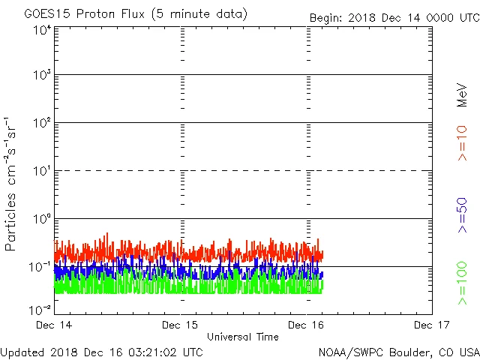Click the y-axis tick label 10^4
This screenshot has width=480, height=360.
[41, 31]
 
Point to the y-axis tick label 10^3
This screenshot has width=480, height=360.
[41, 76]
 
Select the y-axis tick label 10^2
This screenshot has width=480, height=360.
[41, 124]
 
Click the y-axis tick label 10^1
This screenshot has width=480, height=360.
[41, 172]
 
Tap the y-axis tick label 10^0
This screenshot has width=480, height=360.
[41, 220]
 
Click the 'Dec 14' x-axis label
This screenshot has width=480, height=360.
[54, 325]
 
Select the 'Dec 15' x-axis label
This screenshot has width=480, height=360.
[181, 325]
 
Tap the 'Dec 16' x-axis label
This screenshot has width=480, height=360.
[307, 325]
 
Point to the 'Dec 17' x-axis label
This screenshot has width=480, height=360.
[431, 325]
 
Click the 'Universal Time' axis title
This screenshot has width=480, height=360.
[243, 337]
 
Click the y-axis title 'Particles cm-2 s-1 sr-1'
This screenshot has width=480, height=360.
[13, 183]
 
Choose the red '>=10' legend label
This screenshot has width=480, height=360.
[463, 142]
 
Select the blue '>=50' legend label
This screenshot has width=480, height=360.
[463, 216]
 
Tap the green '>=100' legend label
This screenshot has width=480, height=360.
[463, 283]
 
